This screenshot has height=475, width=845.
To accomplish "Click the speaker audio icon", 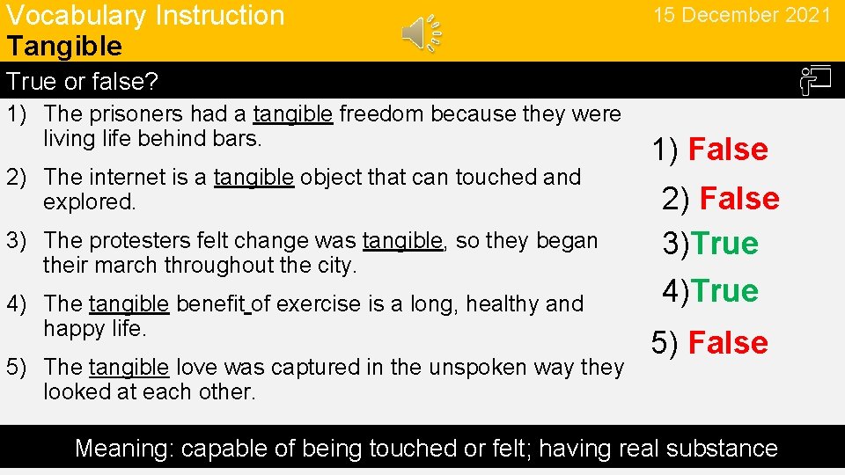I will coord(422,33).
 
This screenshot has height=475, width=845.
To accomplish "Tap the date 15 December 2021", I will coord(741,15).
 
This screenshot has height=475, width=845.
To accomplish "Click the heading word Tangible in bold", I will coord(64,46).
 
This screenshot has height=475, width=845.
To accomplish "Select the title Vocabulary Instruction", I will coord(145,16).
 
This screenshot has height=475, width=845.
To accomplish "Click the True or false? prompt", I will coord(82,82).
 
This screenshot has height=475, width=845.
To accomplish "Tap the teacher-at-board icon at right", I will coord(815,81).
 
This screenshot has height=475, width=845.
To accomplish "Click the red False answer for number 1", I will coord(728,150).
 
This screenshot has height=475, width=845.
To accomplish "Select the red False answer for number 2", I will coord(739,199).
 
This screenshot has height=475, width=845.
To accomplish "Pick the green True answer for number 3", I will coord(724,244).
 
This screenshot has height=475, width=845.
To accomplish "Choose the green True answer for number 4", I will coord(724,291).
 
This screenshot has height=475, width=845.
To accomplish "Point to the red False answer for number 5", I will coord(728,343).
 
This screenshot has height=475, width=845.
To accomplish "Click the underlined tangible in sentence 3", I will coord(402,240).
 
